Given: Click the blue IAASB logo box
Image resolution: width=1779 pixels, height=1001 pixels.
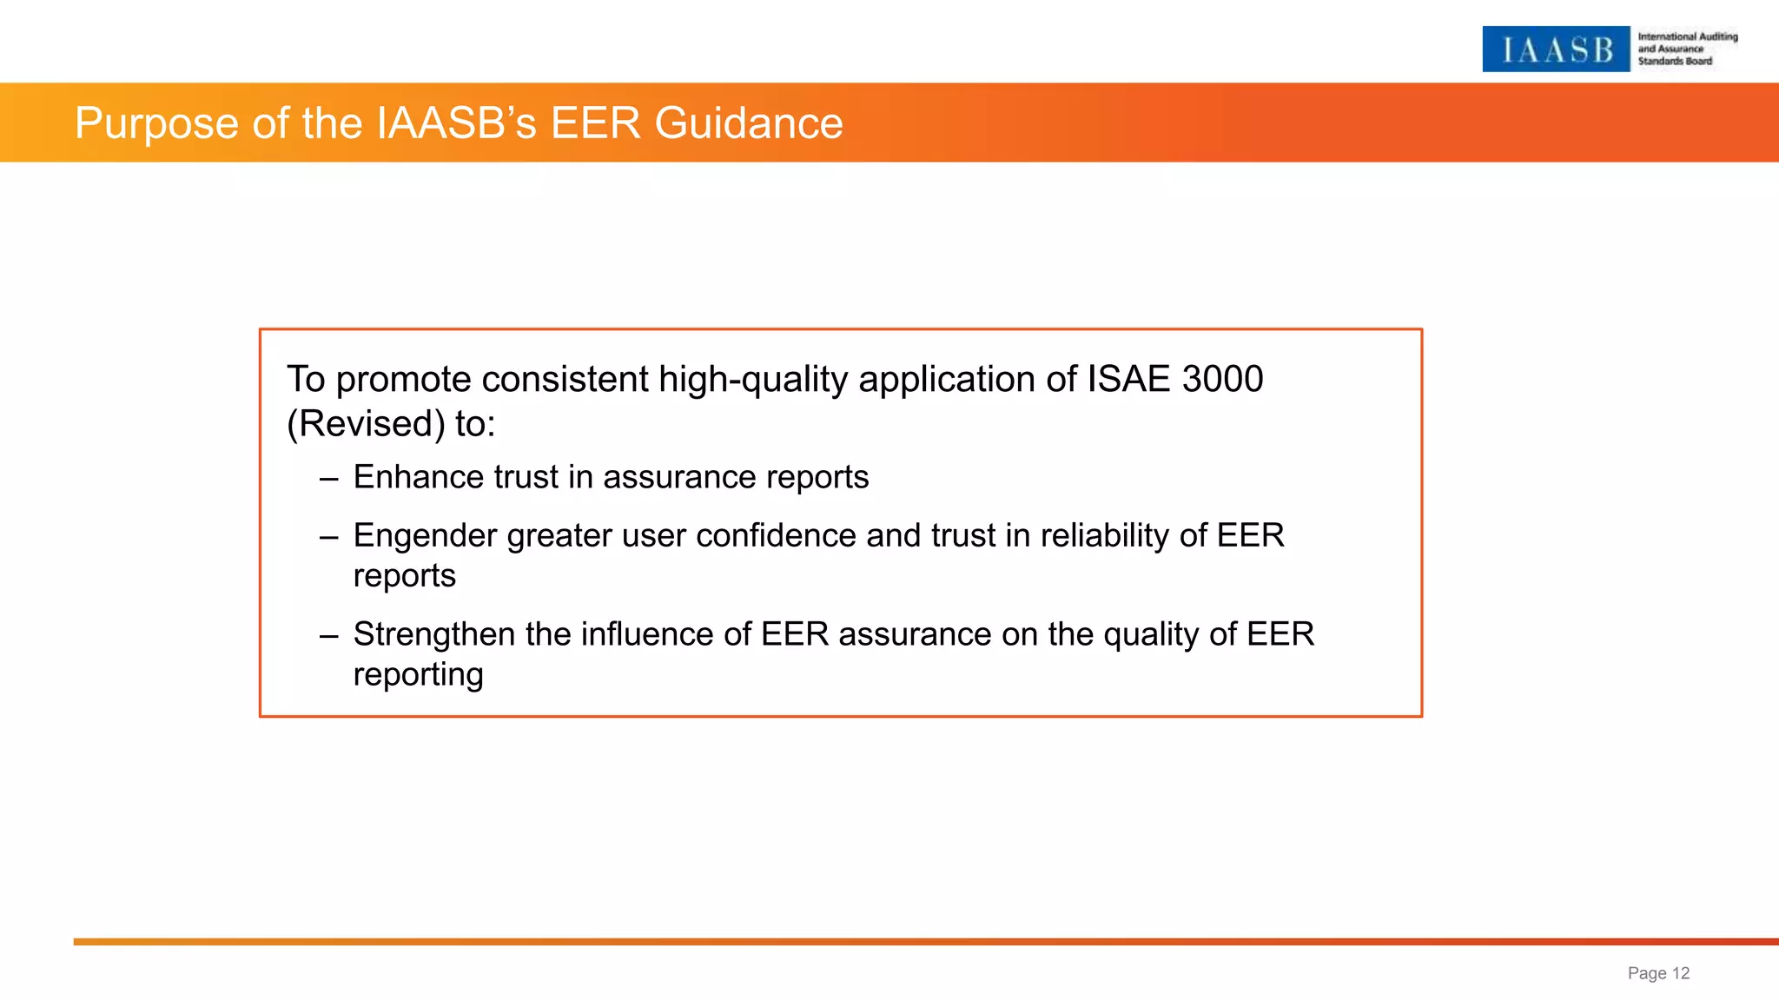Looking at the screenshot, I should pyautogui.click(x=1555, y=50).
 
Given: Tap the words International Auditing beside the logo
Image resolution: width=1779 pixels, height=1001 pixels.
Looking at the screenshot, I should pyautogui.click(x=1687, y=36).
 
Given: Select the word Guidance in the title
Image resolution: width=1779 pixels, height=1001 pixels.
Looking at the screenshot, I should pyautogui.click(x=748, y=123).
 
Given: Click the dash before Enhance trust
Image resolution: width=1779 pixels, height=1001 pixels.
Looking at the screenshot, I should pyautogui.click(x=328, y=478).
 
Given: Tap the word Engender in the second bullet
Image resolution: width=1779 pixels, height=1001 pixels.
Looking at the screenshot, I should pyautogui.click(x=425, y=535).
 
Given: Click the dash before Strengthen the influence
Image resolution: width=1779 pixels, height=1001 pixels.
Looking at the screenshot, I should pyautogui.click(x=328, y=635).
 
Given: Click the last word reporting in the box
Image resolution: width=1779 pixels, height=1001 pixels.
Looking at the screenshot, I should pyautogui.click(x=418, y=675).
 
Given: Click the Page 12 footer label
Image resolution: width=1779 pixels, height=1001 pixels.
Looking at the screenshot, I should pyautogui.click(x=1657, y=973).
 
